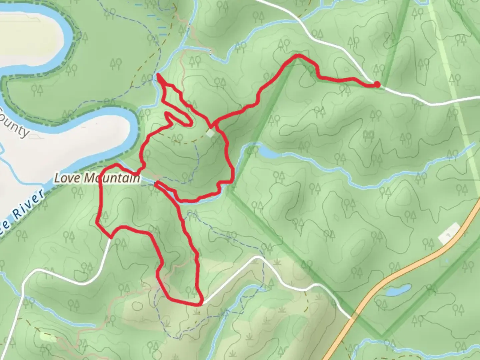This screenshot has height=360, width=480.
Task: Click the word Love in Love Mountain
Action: click(67, 178)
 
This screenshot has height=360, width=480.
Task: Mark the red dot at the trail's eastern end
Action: click(377, 84)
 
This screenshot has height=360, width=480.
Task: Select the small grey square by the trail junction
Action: click(210, 133)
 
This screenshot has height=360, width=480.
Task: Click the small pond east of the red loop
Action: click(268, 153)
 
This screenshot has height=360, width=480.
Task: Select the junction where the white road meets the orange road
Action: click(353, 319)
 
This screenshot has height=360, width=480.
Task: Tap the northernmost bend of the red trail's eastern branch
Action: click(298, 56)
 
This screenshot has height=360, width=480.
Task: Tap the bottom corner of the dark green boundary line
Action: click(382, 335)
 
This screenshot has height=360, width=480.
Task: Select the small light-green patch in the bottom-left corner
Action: click(47, 337)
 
